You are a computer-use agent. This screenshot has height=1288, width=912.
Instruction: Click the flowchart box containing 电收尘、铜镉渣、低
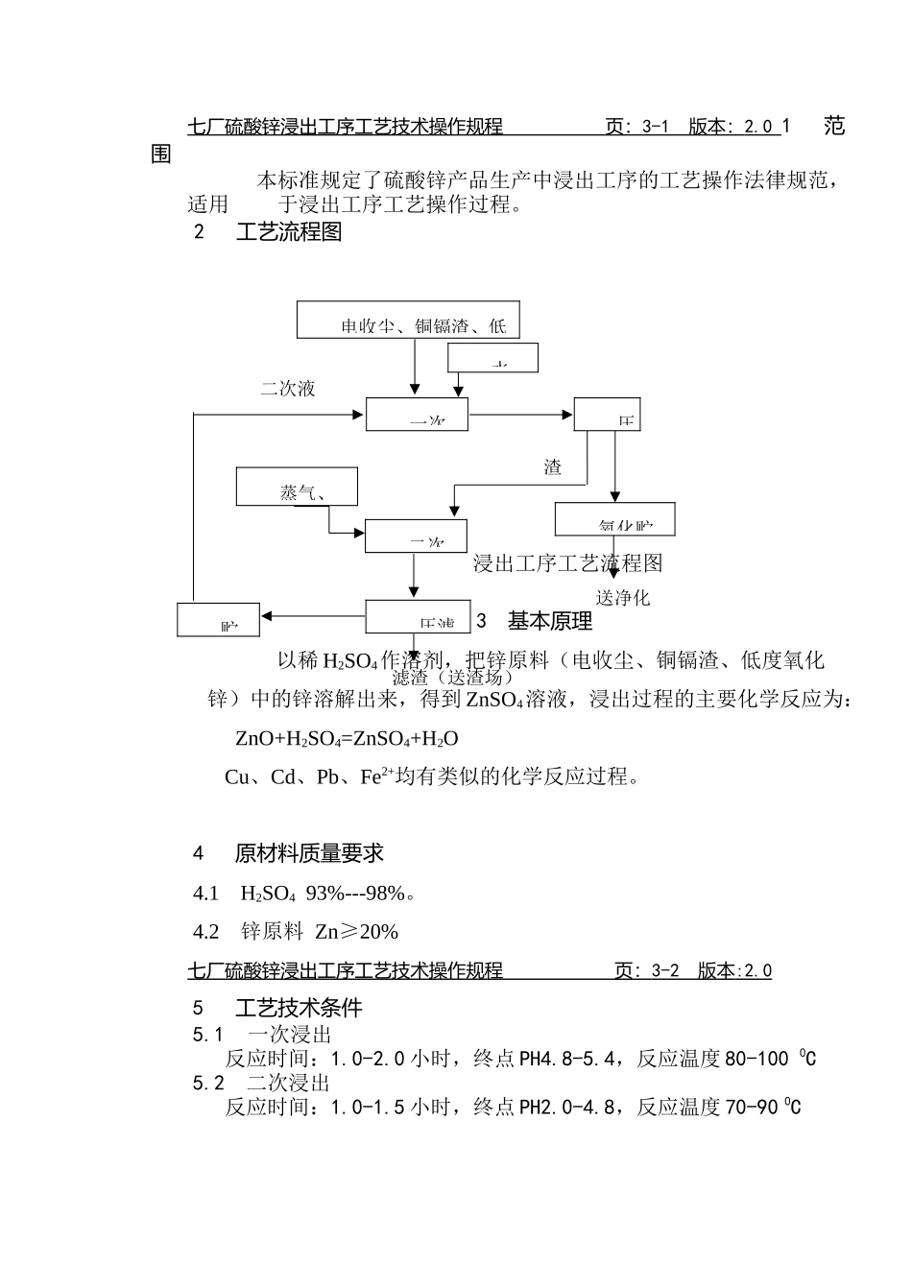408,320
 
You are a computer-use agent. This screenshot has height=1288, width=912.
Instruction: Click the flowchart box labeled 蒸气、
298,487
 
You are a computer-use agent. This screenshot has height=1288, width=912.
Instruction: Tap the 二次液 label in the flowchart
287,389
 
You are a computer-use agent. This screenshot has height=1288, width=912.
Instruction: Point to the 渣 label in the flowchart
553,467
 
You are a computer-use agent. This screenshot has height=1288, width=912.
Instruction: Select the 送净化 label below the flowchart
623,597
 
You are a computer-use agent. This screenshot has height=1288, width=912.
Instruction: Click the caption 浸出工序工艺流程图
567,562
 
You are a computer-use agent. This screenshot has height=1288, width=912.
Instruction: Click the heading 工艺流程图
289,232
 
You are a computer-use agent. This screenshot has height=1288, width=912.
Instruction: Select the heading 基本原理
550,622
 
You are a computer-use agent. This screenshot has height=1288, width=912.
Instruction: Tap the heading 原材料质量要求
309,853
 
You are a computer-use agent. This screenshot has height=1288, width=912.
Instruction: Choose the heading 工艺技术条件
299,1009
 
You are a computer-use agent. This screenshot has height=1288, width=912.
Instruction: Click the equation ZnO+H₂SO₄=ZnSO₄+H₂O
347,739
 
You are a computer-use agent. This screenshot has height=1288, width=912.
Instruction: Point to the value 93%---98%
355,894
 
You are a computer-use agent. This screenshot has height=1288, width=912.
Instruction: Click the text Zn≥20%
356,932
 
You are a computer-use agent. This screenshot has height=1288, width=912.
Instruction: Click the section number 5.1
208,1035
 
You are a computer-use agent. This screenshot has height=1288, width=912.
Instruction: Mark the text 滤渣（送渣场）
446,678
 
